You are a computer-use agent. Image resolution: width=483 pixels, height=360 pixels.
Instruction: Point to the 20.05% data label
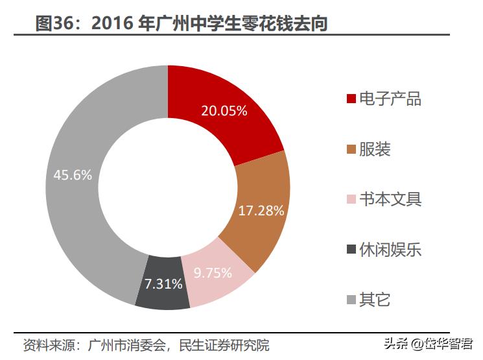pos(224,111)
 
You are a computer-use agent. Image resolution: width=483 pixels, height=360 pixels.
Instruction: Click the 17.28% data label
pos(261,210)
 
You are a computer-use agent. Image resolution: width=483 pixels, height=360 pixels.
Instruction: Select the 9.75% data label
pos(213,273)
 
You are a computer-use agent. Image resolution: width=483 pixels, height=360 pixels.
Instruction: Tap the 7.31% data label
pos(163,285)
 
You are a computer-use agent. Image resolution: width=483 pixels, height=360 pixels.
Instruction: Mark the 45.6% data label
pos(73,175)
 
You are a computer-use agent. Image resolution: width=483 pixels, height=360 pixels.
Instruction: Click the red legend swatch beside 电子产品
pos(351,99)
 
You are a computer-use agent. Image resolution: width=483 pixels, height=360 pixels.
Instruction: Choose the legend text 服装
pos(375,149)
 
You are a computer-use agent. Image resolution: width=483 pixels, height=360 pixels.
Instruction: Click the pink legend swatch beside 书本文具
pos(351,199)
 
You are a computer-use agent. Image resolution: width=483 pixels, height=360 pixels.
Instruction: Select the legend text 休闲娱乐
pos(390,249)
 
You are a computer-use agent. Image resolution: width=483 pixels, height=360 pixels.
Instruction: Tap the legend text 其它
pos(375,299)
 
